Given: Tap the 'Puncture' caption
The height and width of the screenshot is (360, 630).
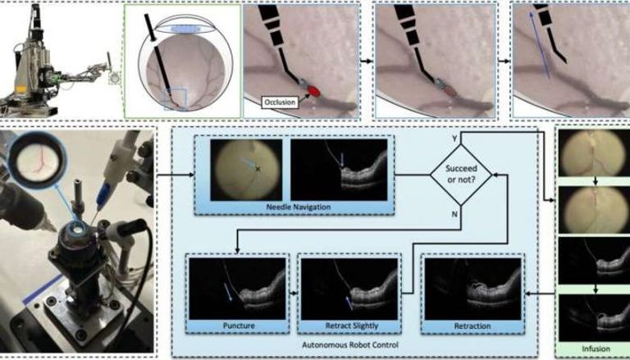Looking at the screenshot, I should [x=237, y=326].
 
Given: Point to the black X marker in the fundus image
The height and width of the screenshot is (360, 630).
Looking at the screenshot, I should [x=258, y=169].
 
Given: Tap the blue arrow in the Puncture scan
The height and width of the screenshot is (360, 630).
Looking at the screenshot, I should [x=226, y=292].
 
